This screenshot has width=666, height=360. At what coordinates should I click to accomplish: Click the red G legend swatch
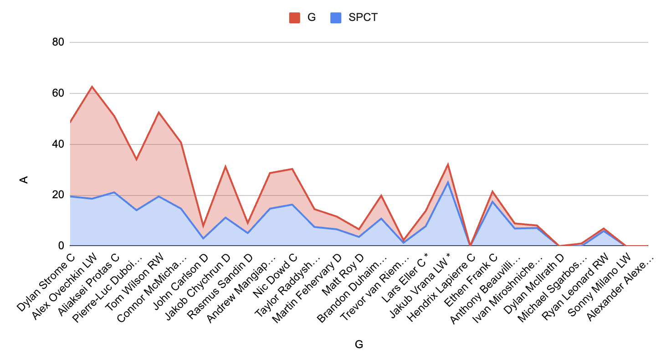pyautogui.click(x=294, y=18)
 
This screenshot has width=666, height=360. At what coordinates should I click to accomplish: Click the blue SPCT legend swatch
pyautogui.click(x=335, y=18)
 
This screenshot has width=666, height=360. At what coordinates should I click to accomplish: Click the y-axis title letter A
pyautogui.click(x=25, y=180)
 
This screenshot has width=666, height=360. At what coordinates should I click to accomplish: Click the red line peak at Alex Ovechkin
pyautogui.click(x=92, y=86)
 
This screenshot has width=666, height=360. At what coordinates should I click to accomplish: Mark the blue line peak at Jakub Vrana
pyautogui.click(x=448, y=182)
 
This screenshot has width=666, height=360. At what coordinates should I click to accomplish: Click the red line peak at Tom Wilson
pyautogui.click(x=159, y=112)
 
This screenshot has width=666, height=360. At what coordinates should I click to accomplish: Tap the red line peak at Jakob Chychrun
pyautogui.click(x=225, y=166)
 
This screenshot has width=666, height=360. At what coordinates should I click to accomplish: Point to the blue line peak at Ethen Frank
pyautogui.click(x=492, y=201)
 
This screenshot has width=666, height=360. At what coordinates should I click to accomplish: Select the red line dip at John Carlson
pyautogui.click(x=203, y=226)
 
